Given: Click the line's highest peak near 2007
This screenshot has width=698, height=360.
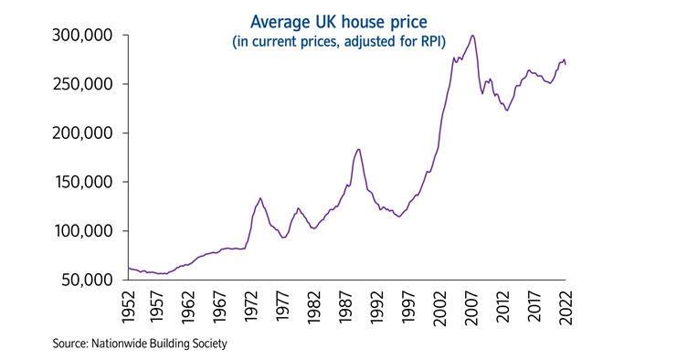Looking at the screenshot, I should pyautogui.click(x=472, y=36).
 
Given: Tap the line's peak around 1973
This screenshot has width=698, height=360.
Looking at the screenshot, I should pyautogui.click(x=260, y=197).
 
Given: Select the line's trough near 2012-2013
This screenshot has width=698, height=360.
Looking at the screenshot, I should pyautogui.click(x=506, y=111).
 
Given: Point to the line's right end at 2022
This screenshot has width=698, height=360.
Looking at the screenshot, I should pyautogui.click(x=566, y=65).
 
